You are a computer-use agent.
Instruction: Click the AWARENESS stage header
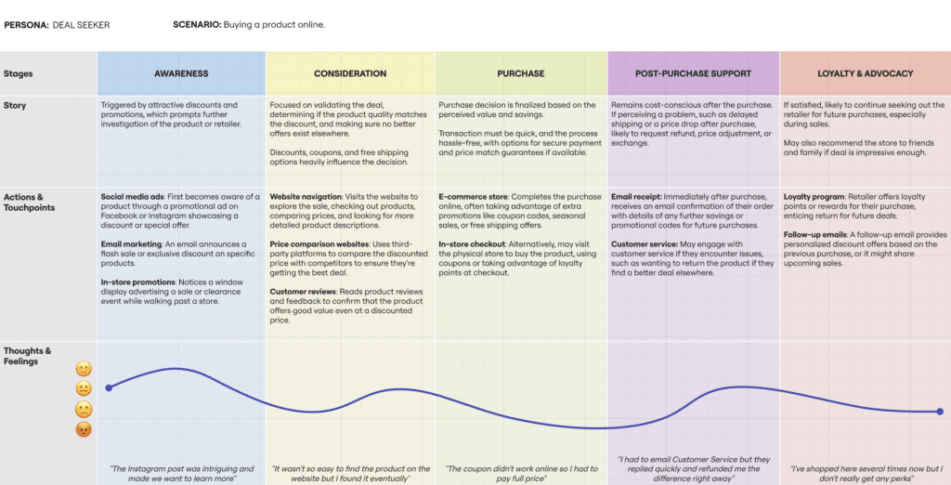point(181,73)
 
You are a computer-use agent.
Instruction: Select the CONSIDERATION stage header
point(350,73)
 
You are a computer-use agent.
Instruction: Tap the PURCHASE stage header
point(521,73)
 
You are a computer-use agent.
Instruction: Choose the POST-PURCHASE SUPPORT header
point(693,73)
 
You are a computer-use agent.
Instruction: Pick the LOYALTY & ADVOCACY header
point(865,73)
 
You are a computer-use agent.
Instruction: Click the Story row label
point(15,105)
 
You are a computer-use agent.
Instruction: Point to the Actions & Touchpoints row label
point(30,203)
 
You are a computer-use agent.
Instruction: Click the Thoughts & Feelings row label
point(28,356)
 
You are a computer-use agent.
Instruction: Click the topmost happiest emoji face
point(83,369)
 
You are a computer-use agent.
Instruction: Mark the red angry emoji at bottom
point(83,429)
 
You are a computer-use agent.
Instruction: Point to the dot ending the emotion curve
point(939,412)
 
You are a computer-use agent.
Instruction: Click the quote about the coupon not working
point(521,473)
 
